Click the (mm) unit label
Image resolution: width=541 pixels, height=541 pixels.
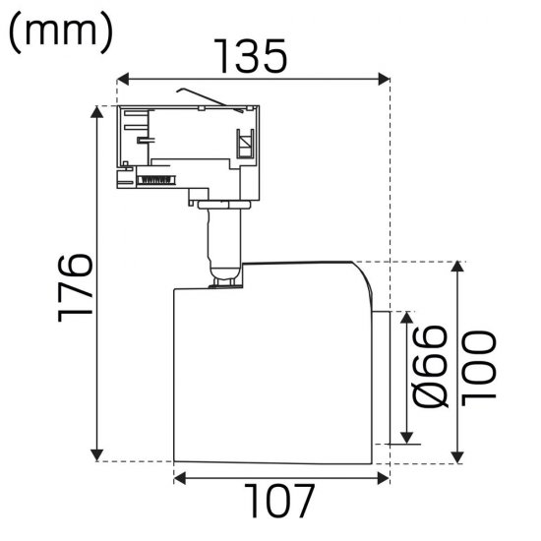click(61, 32)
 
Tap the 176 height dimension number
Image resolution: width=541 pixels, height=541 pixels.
click(74, 285)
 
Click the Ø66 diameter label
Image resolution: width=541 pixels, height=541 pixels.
click(432, 368)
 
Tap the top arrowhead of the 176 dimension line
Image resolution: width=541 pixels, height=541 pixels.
click(96, 110)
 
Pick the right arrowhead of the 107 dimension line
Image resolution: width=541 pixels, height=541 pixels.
click(383, 479)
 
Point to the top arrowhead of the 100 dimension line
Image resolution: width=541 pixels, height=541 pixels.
click(458, 268)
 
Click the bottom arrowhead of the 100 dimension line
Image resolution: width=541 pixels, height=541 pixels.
click(458, 454)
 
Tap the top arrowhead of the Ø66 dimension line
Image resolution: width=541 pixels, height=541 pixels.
click(404, 317)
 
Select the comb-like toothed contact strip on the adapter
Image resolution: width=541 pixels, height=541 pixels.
click(154, 179)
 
